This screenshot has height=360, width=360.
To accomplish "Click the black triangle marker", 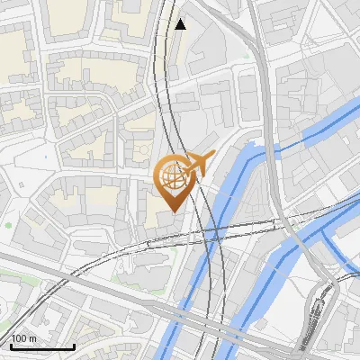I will tap(181, 24).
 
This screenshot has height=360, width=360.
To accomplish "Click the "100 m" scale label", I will tap(23, 338).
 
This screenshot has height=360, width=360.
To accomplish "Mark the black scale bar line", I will tap(42, 346).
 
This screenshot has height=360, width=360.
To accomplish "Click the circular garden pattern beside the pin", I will tap(141, 149).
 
